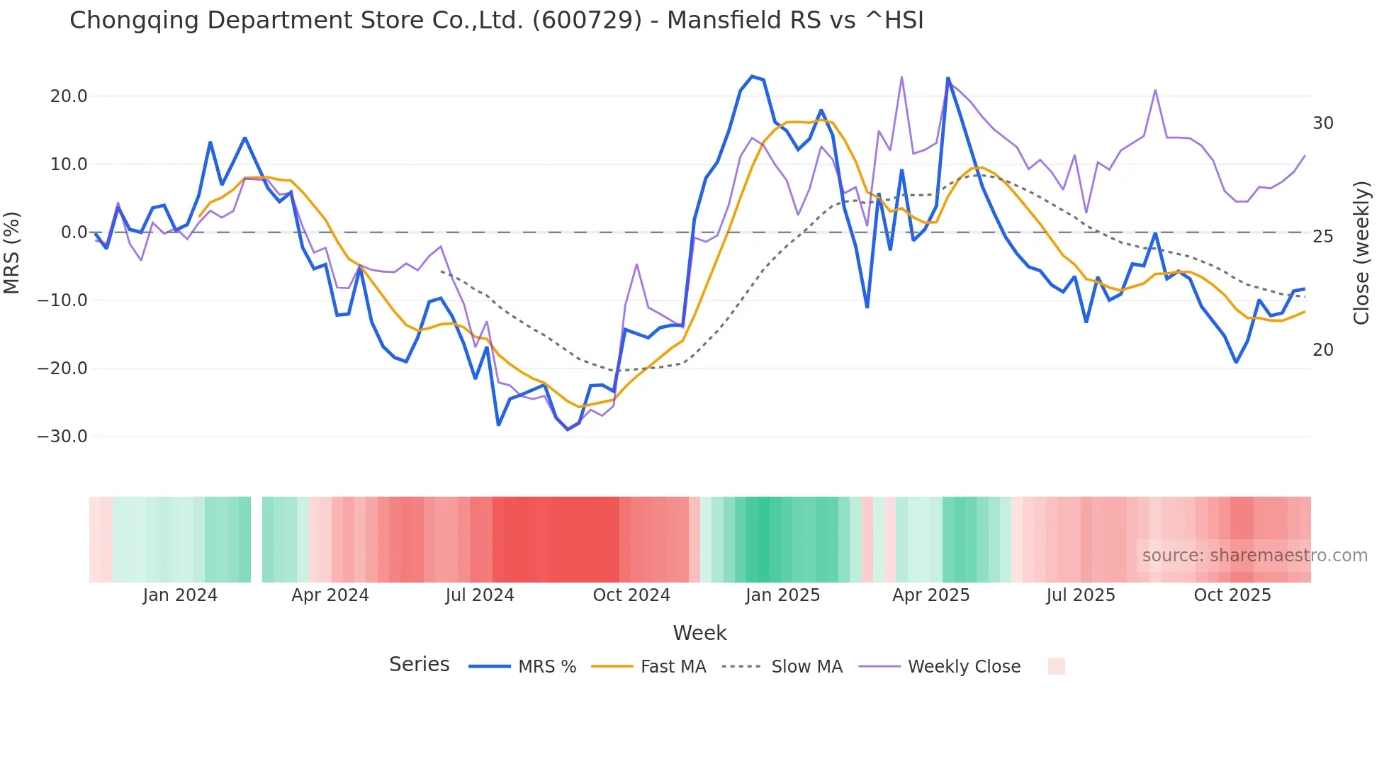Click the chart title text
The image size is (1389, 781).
(x=496, y=21)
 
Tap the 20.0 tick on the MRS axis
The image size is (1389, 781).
(x=69, y=96)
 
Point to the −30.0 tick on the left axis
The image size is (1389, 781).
(x=62, y=437)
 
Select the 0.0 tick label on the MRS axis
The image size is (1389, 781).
(x=74, y=232)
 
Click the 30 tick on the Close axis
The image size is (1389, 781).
(x=1323, y=123)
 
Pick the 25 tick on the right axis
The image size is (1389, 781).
(x=1323, y=237)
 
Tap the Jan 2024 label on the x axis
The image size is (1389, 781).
(x=180, y=595)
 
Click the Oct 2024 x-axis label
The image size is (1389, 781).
(x=631, y=595)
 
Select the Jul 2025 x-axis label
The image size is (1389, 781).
(x=1081, y=595)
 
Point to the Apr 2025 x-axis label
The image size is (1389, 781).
(x=931, y=595)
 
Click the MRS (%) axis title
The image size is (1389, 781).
(x=12, y=252)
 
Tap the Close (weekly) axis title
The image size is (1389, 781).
(x=1361, y=253)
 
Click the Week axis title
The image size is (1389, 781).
(x=699, y=633)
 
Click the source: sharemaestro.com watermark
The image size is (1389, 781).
(x=1254, y=556)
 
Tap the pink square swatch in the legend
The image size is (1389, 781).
(x=1056, y=666)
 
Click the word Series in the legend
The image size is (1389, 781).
(x=420, y=665)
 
